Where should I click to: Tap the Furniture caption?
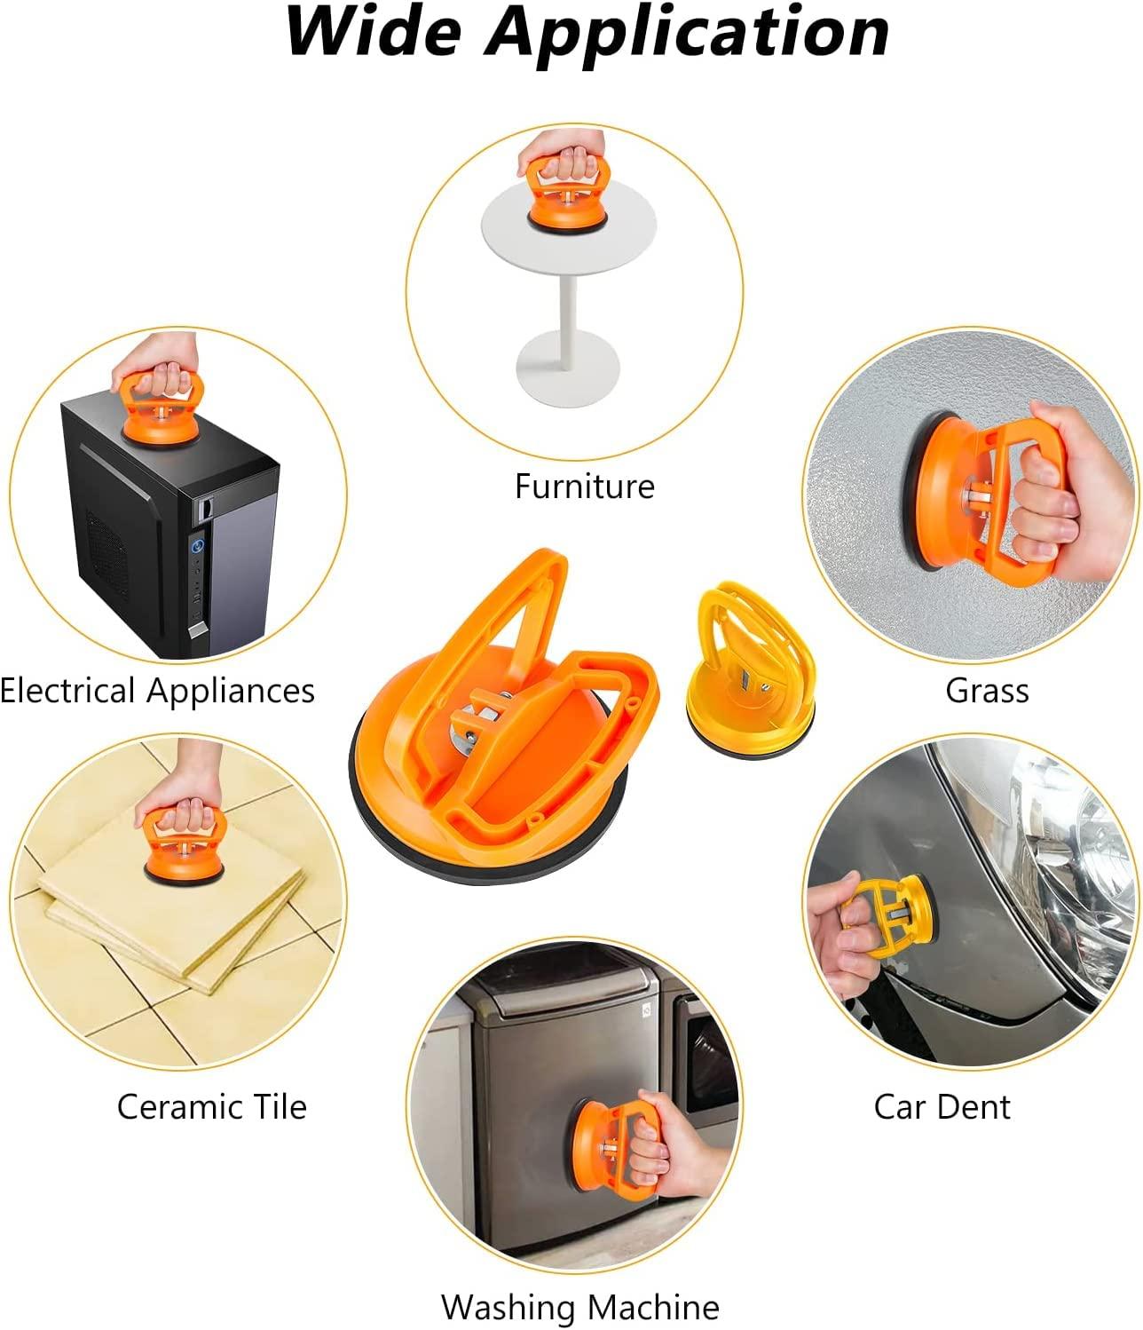(584, 487)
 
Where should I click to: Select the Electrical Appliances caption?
(157, 691)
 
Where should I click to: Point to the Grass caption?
(987, 691)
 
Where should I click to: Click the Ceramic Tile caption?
(211, 1107)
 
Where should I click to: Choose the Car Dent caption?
(942, 1107)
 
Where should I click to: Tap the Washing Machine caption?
(579, 1307)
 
